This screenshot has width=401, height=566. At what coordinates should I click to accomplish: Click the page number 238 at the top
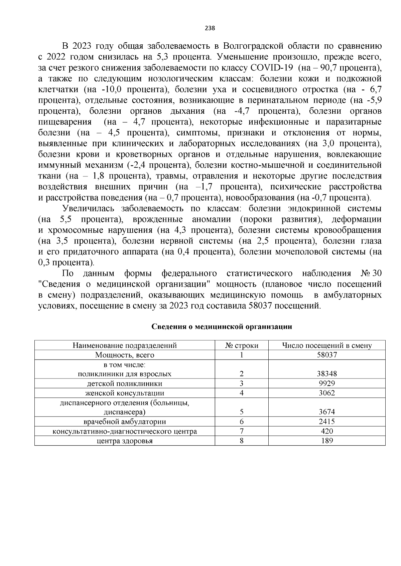[210, 28]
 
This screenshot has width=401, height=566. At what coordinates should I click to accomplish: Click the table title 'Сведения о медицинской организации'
[222, 327]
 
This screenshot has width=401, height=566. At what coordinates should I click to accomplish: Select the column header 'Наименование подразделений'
[125, 346]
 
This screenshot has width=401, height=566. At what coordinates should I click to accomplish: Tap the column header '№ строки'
[242, 346]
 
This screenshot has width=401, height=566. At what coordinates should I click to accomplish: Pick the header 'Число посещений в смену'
[326, 346]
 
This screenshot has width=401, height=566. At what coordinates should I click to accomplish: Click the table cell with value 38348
[326, 374]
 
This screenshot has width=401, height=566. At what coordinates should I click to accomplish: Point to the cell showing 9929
[326, 384]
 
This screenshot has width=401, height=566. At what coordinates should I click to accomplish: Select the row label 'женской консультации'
[125, 393]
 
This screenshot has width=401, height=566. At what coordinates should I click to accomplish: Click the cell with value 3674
[326, 412]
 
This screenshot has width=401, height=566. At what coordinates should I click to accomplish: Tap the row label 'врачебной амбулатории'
[125, 422]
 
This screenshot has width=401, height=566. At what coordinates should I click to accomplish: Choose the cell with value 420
[326, 431]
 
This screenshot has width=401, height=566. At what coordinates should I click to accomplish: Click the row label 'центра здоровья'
[125, 441]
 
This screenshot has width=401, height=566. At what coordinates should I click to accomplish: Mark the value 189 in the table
[326, 441]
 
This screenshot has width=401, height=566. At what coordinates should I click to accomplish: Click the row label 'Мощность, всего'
[125, 355]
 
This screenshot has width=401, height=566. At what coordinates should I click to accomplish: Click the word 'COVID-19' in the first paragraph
[272, 68]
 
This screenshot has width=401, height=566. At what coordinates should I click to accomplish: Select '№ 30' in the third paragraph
[371, 273]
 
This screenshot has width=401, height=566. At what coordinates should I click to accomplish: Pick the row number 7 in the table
[242, 431]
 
